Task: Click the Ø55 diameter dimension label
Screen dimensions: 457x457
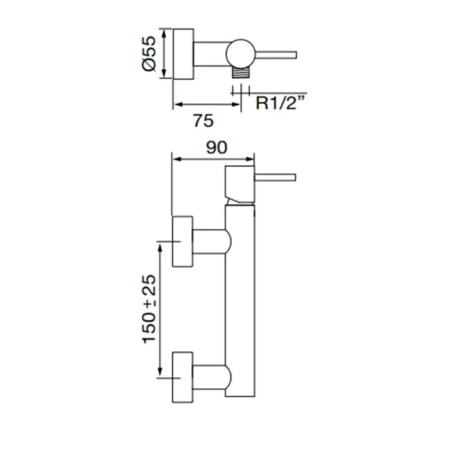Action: [x=149, y=54]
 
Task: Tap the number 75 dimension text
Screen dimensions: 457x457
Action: [x=204, y=120]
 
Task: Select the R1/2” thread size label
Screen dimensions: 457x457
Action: [x=280, y=102]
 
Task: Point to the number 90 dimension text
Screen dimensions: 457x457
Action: [x=217, y=148]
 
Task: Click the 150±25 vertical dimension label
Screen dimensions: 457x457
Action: [x=150, y=309]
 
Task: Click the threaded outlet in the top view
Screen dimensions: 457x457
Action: [x=241, y=72]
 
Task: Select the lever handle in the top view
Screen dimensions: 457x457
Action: [x=276, y=55]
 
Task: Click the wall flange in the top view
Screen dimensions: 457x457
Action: [x=183, y=54]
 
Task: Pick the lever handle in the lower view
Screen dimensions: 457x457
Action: [x=275, y=178]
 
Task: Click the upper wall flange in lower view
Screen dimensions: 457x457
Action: [x=182, y=242]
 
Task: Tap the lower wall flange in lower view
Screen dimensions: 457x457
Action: [x=182, y=377]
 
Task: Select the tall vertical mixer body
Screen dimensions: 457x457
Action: [x=240, y=300]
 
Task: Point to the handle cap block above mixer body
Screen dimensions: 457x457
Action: [x=240, y=185]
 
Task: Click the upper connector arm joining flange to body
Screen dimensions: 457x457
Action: [x=212, y=242]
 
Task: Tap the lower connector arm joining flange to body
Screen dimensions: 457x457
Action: [x=212, y=377]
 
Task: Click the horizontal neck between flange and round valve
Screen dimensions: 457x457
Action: [x=210, y=54]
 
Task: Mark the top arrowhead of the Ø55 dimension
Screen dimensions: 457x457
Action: [x=164, y=33]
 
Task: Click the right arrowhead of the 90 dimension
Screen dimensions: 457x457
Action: [x=250, y=159]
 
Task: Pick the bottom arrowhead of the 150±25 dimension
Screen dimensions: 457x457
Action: [x=160, y=372]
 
